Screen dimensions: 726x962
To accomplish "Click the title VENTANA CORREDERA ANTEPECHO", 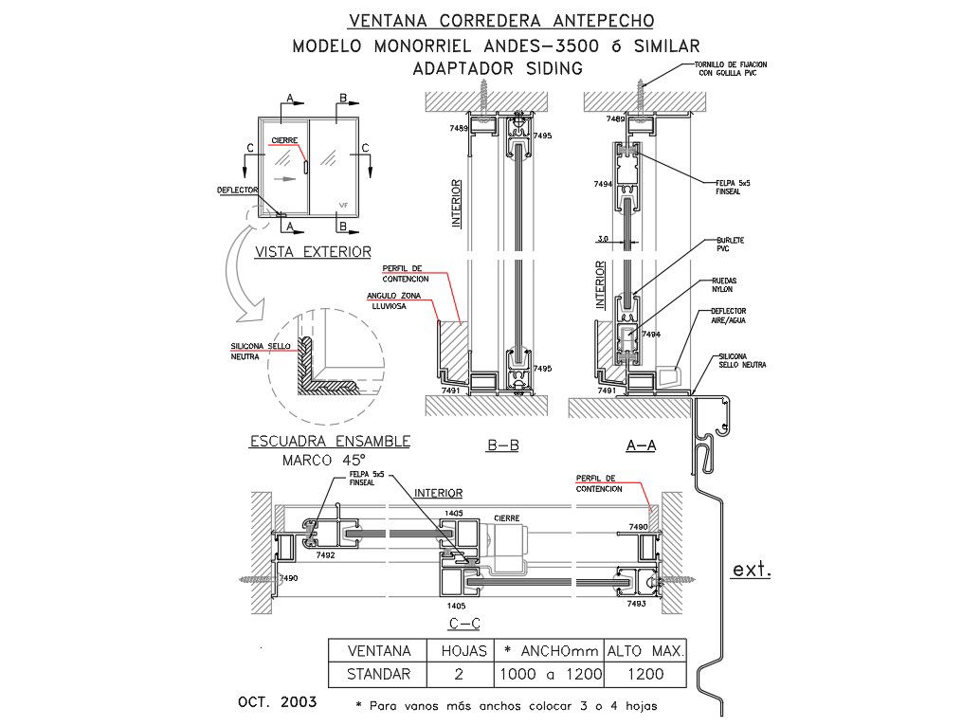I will pyautogui.click(x=500, y=20).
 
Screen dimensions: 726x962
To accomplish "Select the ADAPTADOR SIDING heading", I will pyautogui.click(x=498, y=68).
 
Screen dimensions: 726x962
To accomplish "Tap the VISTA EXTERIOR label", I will pyautogui.click(x=312, y=252).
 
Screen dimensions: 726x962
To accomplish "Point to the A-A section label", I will pyautogui.click(x=642, y=445).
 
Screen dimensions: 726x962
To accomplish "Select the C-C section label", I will pyautogui.click(x=463, y=623).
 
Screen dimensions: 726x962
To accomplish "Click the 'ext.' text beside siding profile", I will pyautogui.click(x=752, y=571).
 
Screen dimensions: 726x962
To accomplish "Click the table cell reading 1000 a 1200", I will pyautogui.click(x=549, y=675).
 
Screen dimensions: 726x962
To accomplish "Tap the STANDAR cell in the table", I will pyautogui.click(x=379, y=675).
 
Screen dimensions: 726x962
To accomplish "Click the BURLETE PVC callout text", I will pyautogui.click(x=730, y=245).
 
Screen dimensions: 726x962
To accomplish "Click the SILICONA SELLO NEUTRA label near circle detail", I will pyautogui.click(x=261, y=351).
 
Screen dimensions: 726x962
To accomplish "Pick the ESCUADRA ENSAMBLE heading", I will pyautogui.click(x=329, y=442).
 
